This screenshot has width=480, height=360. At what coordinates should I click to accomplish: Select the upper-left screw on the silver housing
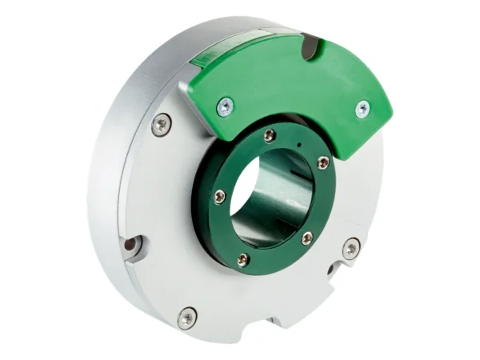[162, 123]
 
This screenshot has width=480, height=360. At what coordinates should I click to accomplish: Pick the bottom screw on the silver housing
[186, 316]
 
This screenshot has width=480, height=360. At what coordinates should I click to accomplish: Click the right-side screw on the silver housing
[350, 250]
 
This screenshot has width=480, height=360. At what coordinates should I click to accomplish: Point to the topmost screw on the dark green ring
[270, 136]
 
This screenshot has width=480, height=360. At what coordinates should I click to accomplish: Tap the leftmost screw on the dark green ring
[218, 196]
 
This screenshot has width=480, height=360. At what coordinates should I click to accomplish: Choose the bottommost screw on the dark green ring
[243, 258]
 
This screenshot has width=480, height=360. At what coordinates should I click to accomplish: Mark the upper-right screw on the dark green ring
[322, 162]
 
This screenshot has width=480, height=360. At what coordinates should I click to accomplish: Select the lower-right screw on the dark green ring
[306, 238]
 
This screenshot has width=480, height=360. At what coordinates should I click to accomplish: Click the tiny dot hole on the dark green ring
[298, 145]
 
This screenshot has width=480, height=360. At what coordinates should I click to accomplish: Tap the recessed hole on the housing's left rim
[131, 244]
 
